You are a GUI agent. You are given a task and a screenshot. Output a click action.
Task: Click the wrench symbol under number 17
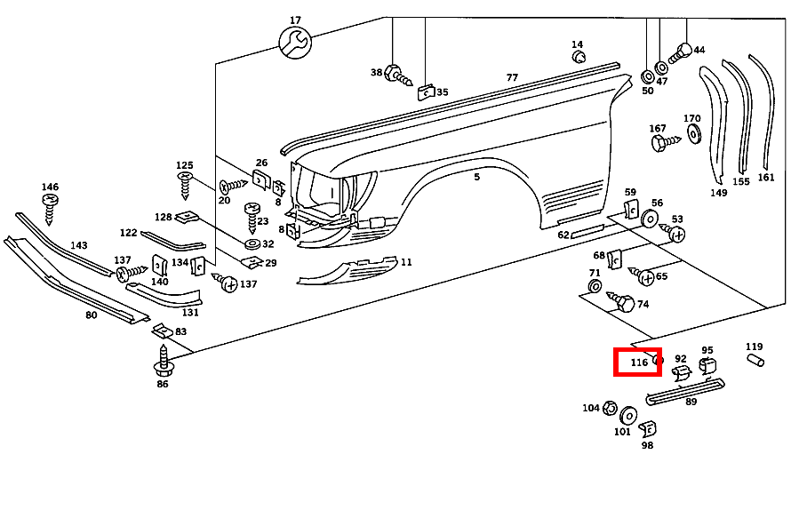click(x=294, y=42)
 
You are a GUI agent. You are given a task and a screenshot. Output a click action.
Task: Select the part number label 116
click(x=639, y=363)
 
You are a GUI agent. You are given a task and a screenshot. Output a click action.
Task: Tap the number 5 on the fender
click(x=476, y=178)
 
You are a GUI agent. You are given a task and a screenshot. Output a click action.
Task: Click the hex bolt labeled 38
click(x=395, y=76)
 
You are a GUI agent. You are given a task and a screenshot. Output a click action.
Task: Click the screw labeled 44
click(x=682, y=52)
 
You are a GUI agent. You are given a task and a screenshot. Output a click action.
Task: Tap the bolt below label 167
click(x=662, y=142)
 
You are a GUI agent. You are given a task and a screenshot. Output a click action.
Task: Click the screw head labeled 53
click(x=675, y=235)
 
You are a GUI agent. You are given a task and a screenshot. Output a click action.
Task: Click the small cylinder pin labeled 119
click(x=755, y=360)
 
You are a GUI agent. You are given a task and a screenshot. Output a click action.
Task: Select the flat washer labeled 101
click(x=628, y=416)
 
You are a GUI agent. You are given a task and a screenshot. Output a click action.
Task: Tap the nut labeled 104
click(x=611, y=409)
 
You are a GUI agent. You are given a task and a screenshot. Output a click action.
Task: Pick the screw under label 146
click(x=49, y=206)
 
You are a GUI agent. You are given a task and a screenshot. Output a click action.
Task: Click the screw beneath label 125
click(x=186, y=184)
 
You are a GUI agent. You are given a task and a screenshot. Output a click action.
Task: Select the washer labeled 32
click(x=252, y=243)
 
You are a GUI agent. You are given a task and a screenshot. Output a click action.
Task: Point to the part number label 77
click(x=512, y=77)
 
